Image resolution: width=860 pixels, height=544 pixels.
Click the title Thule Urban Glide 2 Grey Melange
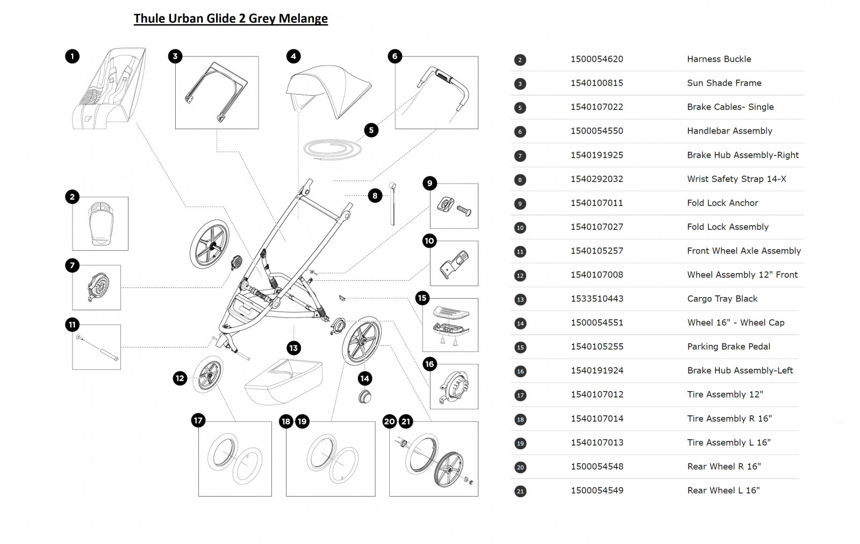click(231, 18)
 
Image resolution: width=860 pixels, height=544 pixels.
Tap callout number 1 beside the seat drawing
click(72, 56)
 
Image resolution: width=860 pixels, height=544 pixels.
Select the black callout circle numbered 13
click(293, 348)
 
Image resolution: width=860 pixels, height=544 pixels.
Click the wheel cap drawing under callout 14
click(365, 397)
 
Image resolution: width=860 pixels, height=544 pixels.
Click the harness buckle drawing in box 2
click(100, 223)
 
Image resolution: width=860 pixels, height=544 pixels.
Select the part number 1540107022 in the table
click(597, 107)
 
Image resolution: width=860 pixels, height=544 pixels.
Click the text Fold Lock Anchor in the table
click(722, 203)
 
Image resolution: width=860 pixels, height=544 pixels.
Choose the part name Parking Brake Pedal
click(728, 347)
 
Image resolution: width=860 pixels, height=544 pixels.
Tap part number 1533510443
click(597, 299)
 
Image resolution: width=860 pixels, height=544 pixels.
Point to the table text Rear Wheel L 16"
click(723, 490)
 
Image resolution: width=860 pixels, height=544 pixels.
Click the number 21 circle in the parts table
click(520, 491)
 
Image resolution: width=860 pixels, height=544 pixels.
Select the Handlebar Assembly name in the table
click(729, 131)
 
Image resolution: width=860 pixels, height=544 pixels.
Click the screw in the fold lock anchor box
click(464, 210)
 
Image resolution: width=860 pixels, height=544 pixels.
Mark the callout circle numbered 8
click(375, 196)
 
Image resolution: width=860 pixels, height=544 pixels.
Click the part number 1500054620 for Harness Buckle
click(597, 59)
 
